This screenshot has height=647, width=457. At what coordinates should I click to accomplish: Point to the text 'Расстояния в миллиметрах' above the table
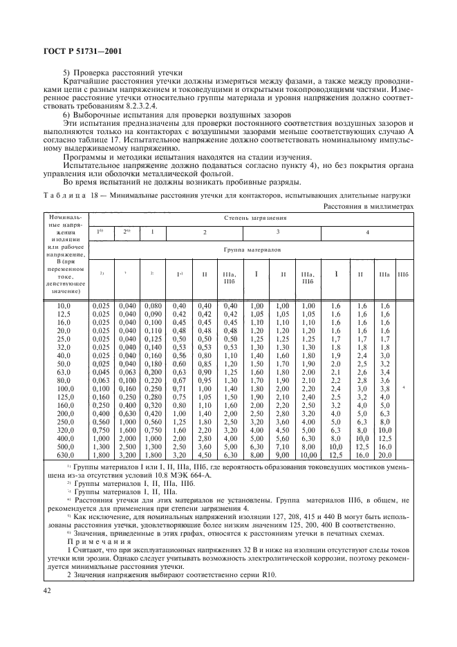pos(369,205)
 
